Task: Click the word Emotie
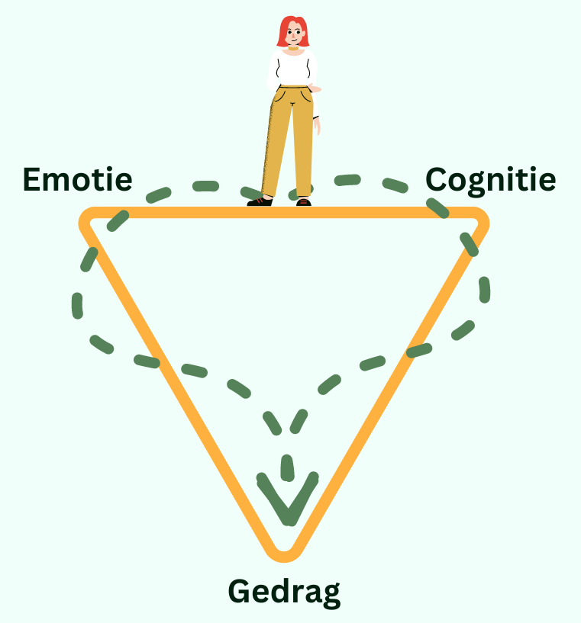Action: click(x=77, y=179)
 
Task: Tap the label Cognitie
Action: click(x=490, y=180)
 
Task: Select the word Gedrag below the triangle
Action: click(x=284, y=592)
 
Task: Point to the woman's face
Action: click(x=293, y=34)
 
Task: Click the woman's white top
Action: click(x=292, y=69)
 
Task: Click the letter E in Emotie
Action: click(x=31, y=179)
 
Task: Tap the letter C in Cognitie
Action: click(x=437, y=179)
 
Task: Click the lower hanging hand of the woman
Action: click(x=317, y=127)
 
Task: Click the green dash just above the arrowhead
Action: click(x=287, y=467)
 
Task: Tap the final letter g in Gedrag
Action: click(x=331, y=595)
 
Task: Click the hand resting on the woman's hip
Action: click(x=315, y=89)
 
